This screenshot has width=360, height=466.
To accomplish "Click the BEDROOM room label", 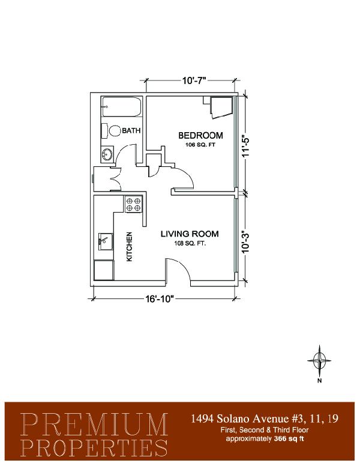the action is (x=200, y=136).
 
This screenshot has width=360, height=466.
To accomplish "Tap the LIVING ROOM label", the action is (x=190, y=234).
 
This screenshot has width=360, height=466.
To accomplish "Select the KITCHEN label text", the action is (x=130, y=247).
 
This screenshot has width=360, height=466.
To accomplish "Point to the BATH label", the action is (x=131, y=130).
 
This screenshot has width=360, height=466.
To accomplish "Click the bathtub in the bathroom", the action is (x=121, y=107).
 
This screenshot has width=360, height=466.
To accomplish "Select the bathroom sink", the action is (x=107, y=154).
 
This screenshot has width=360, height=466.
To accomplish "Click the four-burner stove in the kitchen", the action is (x=133, y=204).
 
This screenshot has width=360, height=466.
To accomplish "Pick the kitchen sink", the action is (x=106, y=241).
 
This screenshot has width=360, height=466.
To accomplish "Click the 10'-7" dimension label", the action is (x=194, y=80).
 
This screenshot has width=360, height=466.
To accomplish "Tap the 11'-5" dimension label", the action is (x=246, y=147).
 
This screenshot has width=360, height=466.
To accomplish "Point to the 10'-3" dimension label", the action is (x=246, y=242).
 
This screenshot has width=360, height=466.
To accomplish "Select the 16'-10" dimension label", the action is (x=159, y=298).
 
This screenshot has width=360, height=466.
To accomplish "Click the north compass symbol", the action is (x=319, y=361).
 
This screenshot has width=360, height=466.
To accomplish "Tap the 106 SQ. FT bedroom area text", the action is (x=200, y=145).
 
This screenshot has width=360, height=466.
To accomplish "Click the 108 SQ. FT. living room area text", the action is (x=190, y=243).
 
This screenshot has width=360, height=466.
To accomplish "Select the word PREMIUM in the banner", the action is (x=94, y=424).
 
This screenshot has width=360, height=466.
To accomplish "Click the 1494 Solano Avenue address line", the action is (x=264, y=419).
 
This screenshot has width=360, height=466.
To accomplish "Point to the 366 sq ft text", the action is (x=289, y=438).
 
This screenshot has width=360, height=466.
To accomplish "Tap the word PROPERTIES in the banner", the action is (x=94, y=447).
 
